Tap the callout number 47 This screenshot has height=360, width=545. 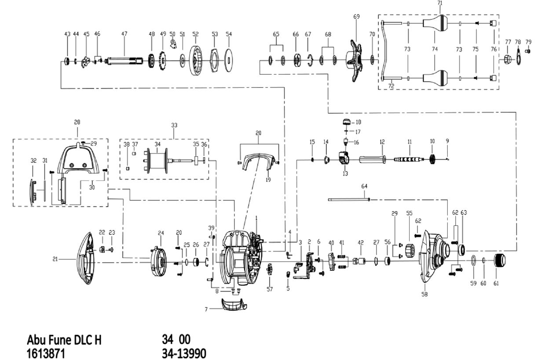pyautogui.click(x=124, y=34)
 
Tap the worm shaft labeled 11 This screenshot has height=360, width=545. pyautogui.click(x=410, y=160)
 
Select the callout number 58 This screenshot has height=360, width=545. pyautogui.click(x=424, y=295)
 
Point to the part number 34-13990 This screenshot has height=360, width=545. pyautogui.click(x=183, y=353)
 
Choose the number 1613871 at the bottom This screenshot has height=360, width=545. pyautogui.click(x=46, y=353)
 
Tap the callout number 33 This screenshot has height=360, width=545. pyautogui.click(x=174, y=125)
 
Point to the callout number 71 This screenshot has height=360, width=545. pyautogui.click(x=439, y=3)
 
